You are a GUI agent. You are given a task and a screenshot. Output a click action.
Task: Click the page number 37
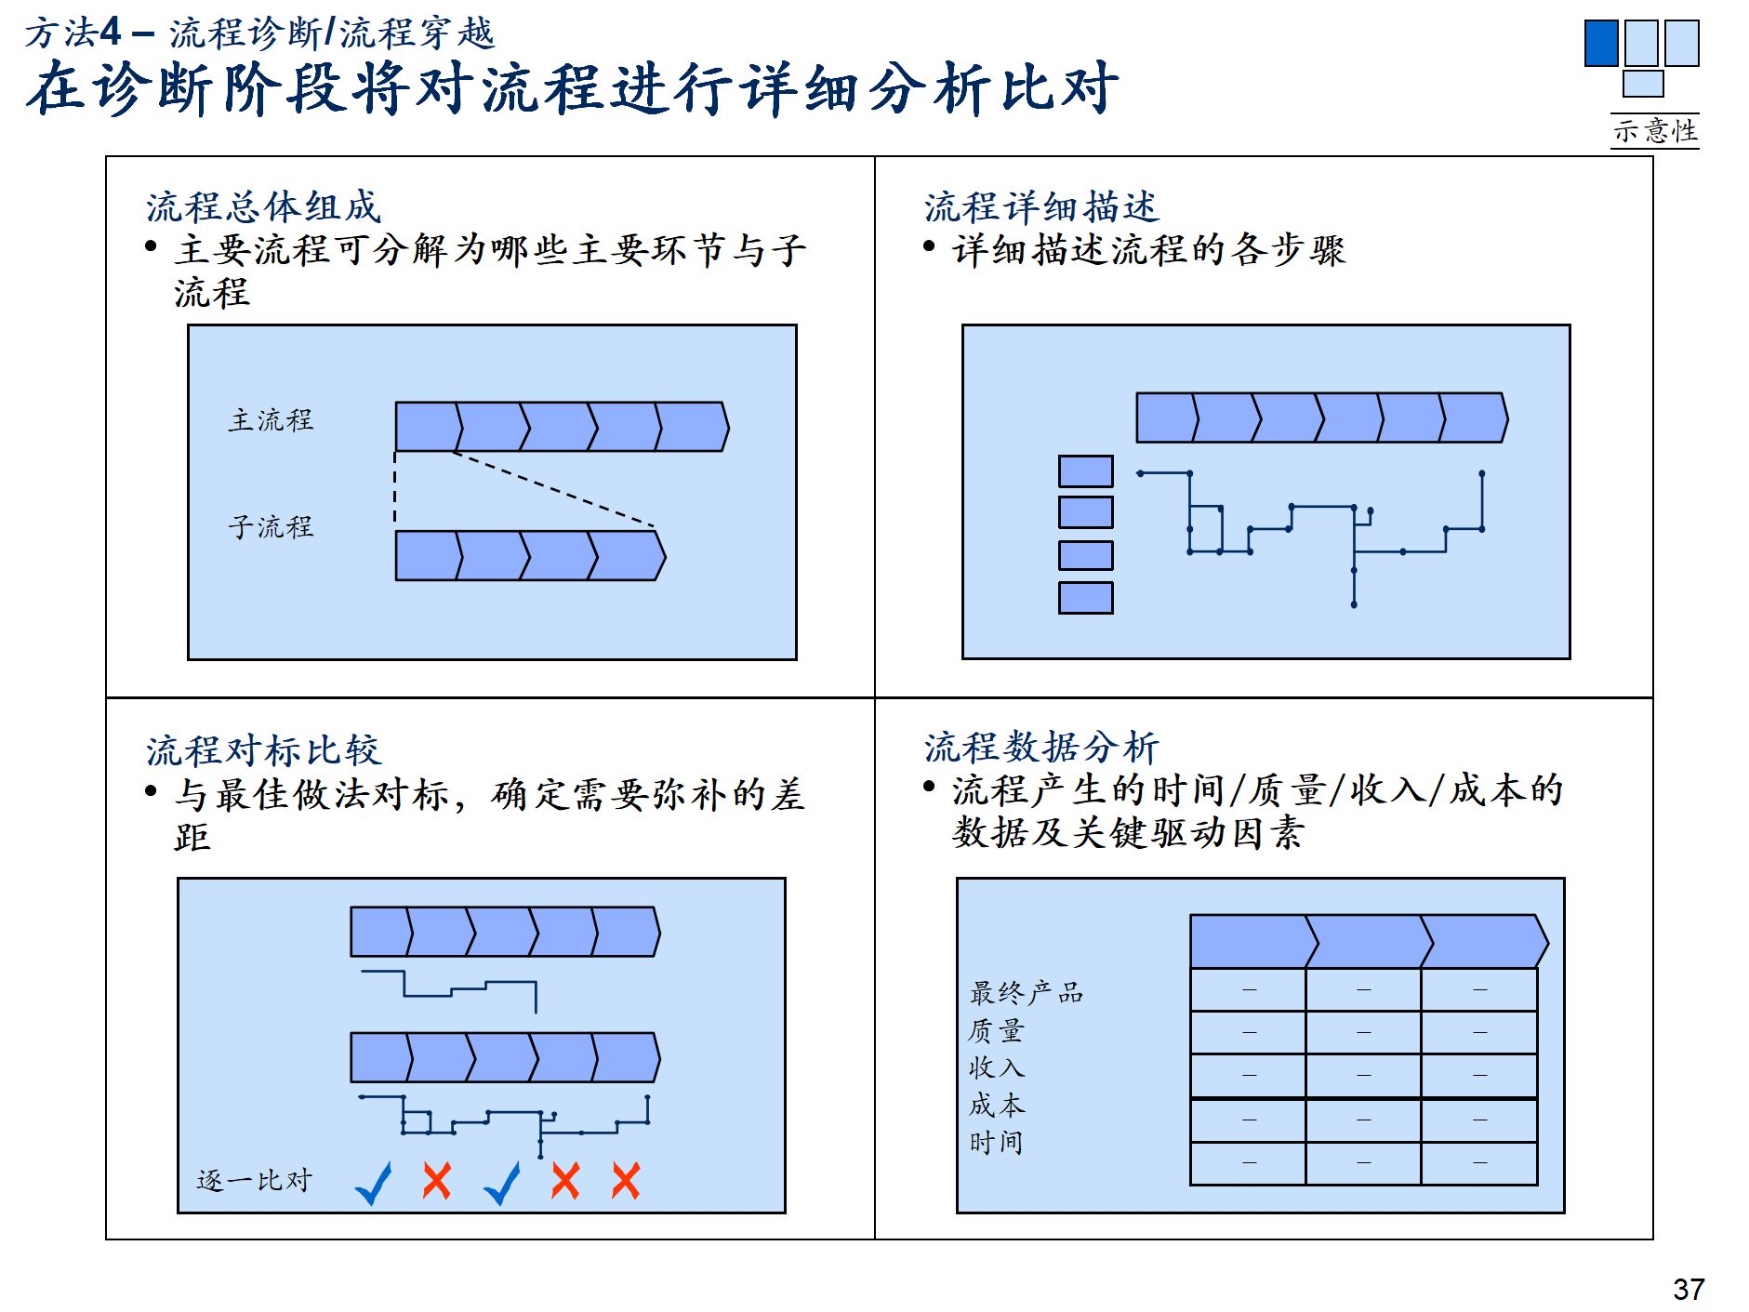[x=1688, y=1289]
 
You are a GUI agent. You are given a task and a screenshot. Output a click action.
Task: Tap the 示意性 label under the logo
[x=1655, y=130]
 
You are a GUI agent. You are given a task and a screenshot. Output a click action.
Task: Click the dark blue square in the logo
[x=1600, y=43]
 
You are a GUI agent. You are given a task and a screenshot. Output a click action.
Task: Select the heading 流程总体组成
[x=263, y=206]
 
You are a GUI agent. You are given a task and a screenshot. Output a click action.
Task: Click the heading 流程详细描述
[x=1041, y=206]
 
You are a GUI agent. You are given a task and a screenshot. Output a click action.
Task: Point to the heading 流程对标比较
[x=263, y=749]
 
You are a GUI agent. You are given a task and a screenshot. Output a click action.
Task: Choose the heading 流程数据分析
[x=1041, y=747]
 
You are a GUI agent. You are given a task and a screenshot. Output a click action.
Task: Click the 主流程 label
[x=271, y=420]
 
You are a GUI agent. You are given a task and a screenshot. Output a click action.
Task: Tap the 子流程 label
[x=271, y=527]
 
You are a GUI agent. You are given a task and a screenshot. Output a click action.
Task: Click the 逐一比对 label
[x=254, y=1180]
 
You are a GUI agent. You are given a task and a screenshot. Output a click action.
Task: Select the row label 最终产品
[x=1027, y=992]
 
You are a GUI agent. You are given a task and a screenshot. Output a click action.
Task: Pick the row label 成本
[x=996, y=1105]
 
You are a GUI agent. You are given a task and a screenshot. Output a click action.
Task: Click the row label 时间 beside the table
[x=996, y=1142]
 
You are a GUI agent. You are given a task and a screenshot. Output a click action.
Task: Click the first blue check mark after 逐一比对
[x=374, y=1183]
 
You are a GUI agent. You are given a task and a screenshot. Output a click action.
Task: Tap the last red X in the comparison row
[x=626, y=1181]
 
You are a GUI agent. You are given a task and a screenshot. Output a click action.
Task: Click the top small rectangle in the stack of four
[x=1085, y=471]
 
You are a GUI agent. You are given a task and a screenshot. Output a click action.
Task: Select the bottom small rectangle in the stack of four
[x=1085, y=598]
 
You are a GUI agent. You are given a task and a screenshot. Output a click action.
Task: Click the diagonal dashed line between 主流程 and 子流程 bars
[x=554, y=490]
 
